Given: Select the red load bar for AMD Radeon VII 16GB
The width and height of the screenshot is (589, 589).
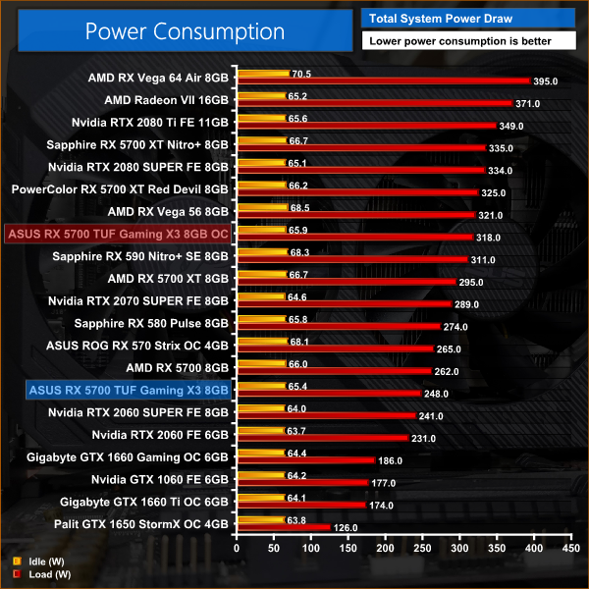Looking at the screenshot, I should tap(373, 103).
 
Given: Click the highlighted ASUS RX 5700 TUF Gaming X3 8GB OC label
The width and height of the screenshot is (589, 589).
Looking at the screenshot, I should tap(118, 234).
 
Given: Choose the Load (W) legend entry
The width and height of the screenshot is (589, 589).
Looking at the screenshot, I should tap(33, 574).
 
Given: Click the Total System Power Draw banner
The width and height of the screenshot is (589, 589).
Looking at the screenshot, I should tap(469, 17).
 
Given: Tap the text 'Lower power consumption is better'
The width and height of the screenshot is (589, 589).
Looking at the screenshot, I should tap(469, 41).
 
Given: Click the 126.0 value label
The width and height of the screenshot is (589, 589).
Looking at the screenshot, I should tap(346, 527).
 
